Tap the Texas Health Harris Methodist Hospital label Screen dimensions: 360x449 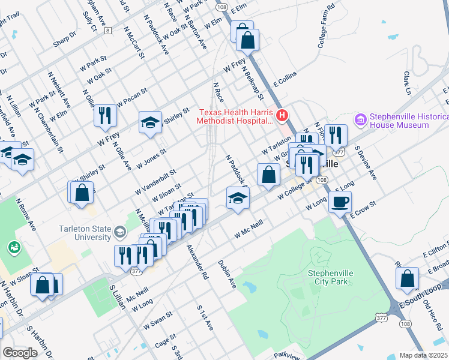235,116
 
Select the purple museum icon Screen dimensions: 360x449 361,120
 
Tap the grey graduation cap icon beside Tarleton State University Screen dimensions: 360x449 121,232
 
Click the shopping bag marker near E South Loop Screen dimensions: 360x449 407,278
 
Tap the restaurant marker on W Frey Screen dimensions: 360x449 105,115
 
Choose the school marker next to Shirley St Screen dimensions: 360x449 151,123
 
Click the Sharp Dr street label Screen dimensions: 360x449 65,38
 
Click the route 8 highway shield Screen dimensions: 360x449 107,30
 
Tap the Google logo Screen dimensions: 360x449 20,353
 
